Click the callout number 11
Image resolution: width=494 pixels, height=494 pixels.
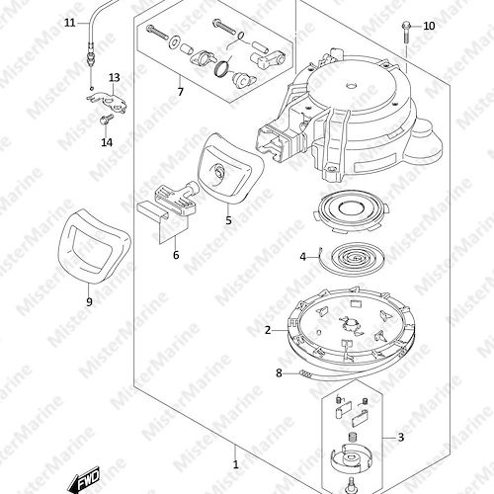click(x=70, y=23)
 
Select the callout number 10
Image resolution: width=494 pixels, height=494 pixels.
click(x=429, y=26)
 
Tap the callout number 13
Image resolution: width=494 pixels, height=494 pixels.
click(x=115, y=78)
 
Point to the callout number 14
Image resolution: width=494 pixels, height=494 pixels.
click(x=107, y=142)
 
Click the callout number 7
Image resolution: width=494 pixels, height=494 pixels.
click(x=180, y=92)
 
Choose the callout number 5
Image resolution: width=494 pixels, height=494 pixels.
click(x=228, y=220)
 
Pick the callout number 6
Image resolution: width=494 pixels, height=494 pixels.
click(x=176, y=255)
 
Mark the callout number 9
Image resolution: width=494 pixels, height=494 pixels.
click(x=89, y=301)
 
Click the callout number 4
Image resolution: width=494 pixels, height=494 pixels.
click(x=303, y=257)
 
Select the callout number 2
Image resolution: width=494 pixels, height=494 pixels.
click(x=268, y=330)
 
